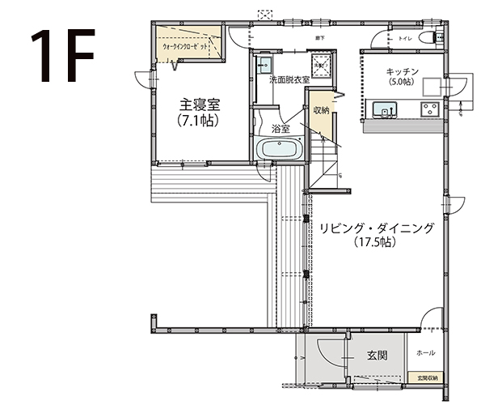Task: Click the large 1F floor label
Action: coord(62,58)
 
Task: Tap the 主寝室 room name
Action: coord(197,105)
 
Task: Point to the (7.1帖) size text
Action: coord(197,120)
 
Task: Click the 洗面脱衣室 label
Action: coord(289,81)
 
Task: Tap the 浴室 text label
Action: coord(281,129)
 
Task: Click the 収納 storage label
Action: coord(320,110)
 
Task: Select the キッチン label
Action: coord(402,71)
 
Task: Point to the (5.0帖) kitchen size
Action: coord(402,82)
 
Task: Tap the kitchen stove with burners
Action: coord(428,109)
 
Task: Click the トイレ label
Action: coord(406,38)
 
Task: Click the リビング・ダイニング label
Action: coord(377,229)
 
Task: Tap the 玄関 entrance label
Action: coord(377,355)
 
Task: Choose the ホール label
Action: coord(425,353)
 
